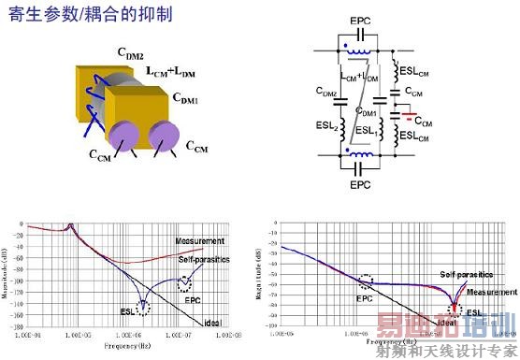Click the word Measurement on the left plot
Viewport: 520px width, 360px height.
pos(201,241)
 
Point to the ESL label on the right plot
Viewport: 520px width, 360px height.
pos(476,312)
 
